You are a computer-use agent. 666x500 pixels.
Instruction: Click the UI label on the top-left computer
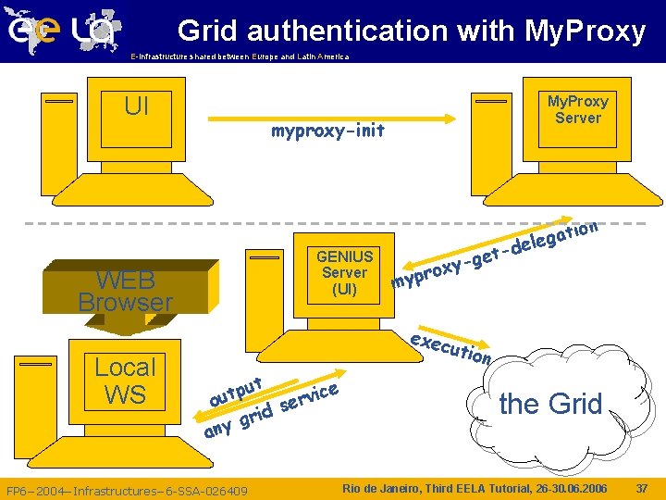pyautogui.click(x=136, y=106)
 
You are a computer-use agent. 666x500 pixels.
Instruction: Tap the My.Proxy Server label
pyautogui.click(x=577, y=109)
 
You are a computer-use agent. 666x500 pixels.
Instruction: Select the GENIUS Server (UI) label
pyautogui.click(x=344, y=272)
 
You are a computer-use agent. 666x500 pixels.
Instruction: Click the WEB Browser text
pyautogui.click(x=125, y=291)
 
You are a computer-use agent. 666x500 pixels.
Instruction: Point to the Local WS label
pyautogui.click(x=125, y=380)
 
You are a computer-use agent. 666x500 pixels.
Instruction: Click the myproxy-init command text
pyautogui.click(x=327, y=131)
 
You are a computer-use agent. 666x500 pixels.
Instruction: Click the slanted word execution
pyautogui.click(x=450, y=345)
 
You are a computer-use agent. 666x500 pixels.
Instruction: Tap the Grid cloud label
pyautogui.click(x=550, y=404)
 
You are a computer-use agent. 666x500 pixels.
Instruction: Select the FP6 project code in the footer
pyautogui.click(x=127, y=490)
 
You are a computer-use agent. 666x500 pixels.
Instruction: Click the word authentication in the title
pyautogui.click(x=345, y=31)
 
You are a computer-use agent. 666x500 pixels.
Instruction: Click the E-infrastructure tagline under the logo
pyautogui.click(x=240, y=56)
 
